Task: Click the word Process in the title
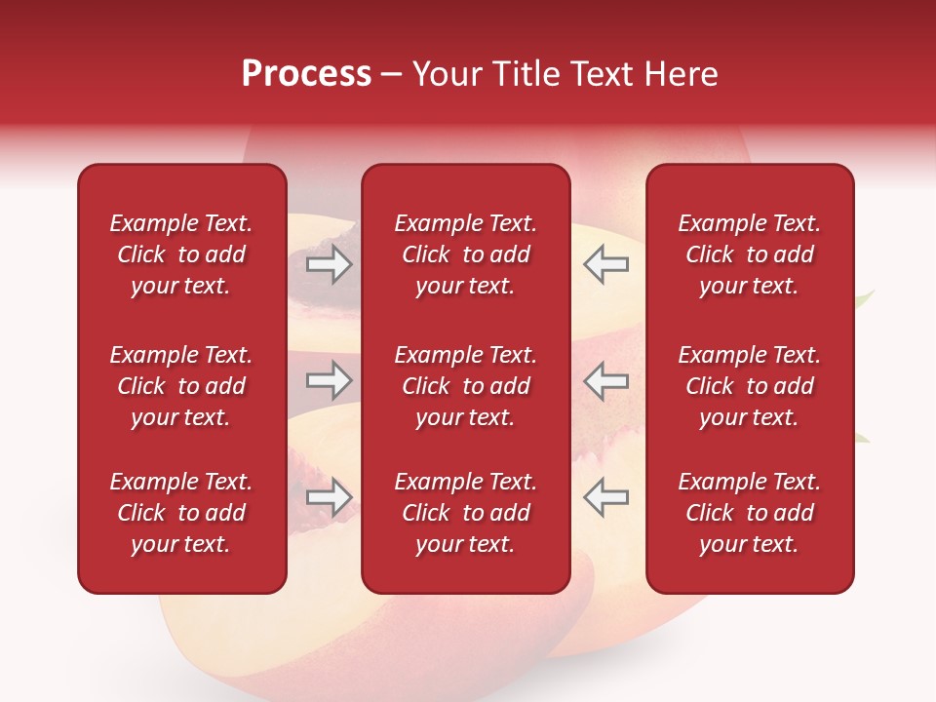(306, 74)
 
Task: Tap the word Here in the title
(680, 74)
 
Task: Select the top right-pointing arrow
(329, 264)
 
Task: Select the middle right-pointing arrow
(329, 380)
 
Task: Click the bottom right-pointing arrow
(329, 497)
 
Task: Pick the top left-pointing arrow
(605, 264)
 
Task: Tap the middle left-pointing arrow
(605, 380)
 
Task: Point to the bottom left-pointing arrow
(605, 497)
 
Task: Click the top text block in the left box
(181, 254)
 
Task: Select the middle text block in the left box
(181, 386)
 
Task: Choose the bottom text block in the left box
(181, 513)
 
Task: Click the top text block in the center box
(466, 254)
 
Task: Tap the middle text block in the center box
(466, 386)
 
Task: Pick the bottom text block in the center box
(466, 513)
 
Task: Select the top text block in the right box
(750, 254)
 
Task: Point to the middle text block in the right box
(750, 386)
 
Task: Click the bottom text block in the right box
(750, 513)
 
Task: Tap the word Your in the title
(444, 74)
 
